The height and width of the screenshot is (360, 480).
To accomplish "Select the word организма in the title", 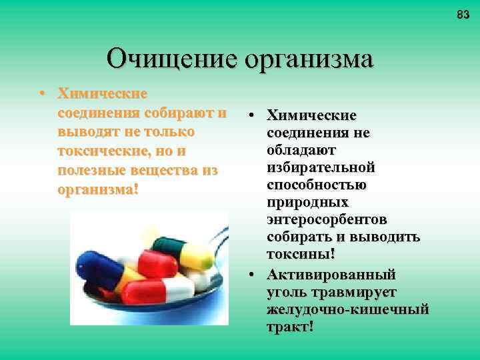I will coord(309,59).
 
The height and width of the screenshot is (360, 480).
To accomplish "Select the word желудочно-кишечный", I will coord(347,309).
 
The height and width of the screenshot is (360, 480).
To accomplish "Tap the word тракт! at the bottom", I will coord(290,327).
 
